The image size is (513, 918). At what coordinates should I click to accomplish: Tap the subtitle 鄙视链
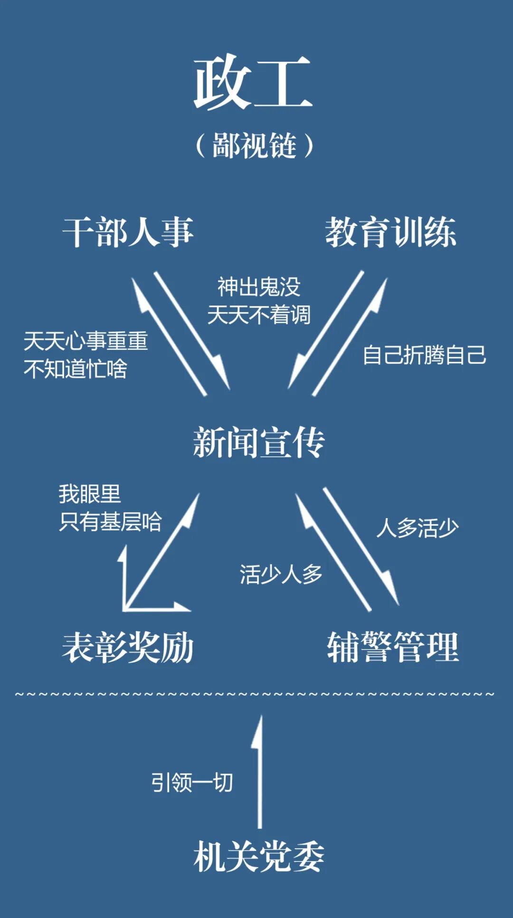255,145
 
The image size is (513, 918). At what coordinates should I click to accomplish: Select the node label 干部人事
128,232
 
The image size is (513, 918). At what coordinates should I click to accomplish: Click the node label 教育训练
390,232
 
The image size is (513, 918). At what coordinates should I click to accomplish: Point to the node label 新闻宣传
259,443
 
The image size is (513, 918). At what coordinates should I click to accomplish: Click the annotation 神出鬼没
259,287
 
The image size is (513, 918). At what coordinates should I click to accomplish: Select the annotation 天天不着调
259,315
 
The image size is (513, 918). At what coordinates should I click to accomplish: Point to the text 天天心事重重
86,341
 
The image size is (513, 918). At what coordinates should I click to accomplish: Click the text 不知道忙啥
76,369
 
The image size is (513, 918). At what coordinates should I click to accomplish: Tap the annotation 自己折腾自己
424,355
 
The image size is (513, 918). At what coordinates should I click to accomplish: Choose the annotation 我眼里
90,494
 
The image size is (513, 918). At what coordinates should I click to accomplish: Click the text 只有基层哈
110,522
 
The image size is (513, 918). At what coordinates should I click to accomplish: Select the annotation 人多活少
417,528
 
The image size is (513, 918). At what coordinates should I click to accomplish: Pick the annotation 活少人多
281,574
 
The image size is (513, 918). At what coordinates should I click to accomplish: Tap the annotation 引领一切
192,782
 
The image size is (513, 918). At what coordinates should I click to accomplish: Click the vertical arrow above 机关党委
259,774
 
